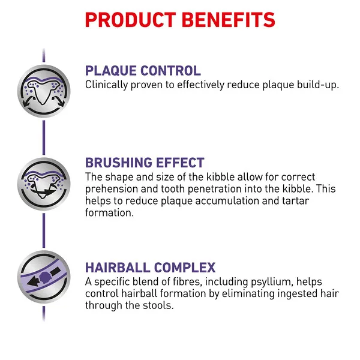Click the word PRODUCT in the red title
pyautogui.click(x=131, y=20)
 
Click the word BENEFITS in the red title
pyautogui.click(x=229, y=20)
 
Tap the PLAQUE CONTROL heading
pyautogui.click(x=143, y=70)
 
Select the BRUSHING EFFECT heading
pyautogui.click(x=145, y=163)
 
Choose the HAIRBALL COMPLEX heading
pyautogui.click(x=151, y=268)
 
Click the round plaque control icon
pyautogui.click(x=44, y=91)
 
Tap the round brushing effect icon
pyautogui.click(x=44, y=184)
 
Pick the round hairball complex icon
pyautogui.click(x=44, y=277)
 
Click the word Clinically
pyautogui.click(x=106, y=85)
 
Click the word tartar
pyautogui.click(x=295, y=200)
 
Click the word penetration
pyautogui.click(x=214, y=190)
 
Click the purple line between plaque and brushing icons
pyautogui.click(x=44, y=137)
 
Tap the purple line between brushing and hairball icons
pyautogui.click(x=44, y=230)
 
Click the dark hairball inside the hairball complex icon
pyautogui.click(x=45, y=277)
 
